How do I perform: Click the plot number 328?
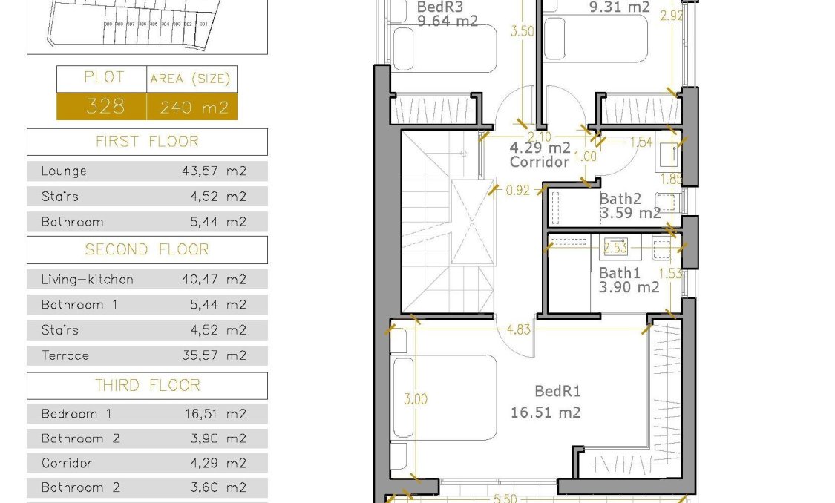pyautogui.click(x=105, y=107)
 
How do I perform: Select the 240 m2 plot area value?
pyautogui.click(x=194, y=108)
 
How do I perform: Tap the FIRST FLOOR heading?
pyautogui.click(x=147, y=142)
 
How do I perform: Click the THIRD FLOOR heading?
pyautogui.click(x=147, y=386)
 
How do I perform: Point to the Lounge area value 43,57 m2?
pyautogui.click(x=214, y=171)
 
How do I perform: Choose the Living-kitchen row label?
pyautogui.click(x=88, y=280)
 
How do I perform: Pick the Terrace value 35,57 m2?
pyautogui.click(x=214, y=355)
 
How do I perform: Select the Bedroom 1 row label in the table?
pyautogui.click(x=76, y=414)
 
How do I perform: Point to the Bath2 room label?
pyautogui.click(x=620, y=199)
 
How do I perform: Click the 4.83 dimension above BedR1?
pyautogui.click(x=519, y=329)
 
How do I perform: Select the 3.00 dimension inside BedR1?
pyautogui.click(x=416, y=399)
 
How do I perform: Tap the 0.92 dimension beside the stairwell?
pyautogui.click(x=517, y=190)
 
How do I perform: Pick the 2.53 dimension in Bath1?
pyautogui.click(x=616, y=247)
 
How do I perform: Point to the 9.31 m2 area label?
pyautogui.click(x=619, y=7)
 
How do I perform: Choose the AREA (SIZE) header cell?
pyautogui.click(x=190, y=79)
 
